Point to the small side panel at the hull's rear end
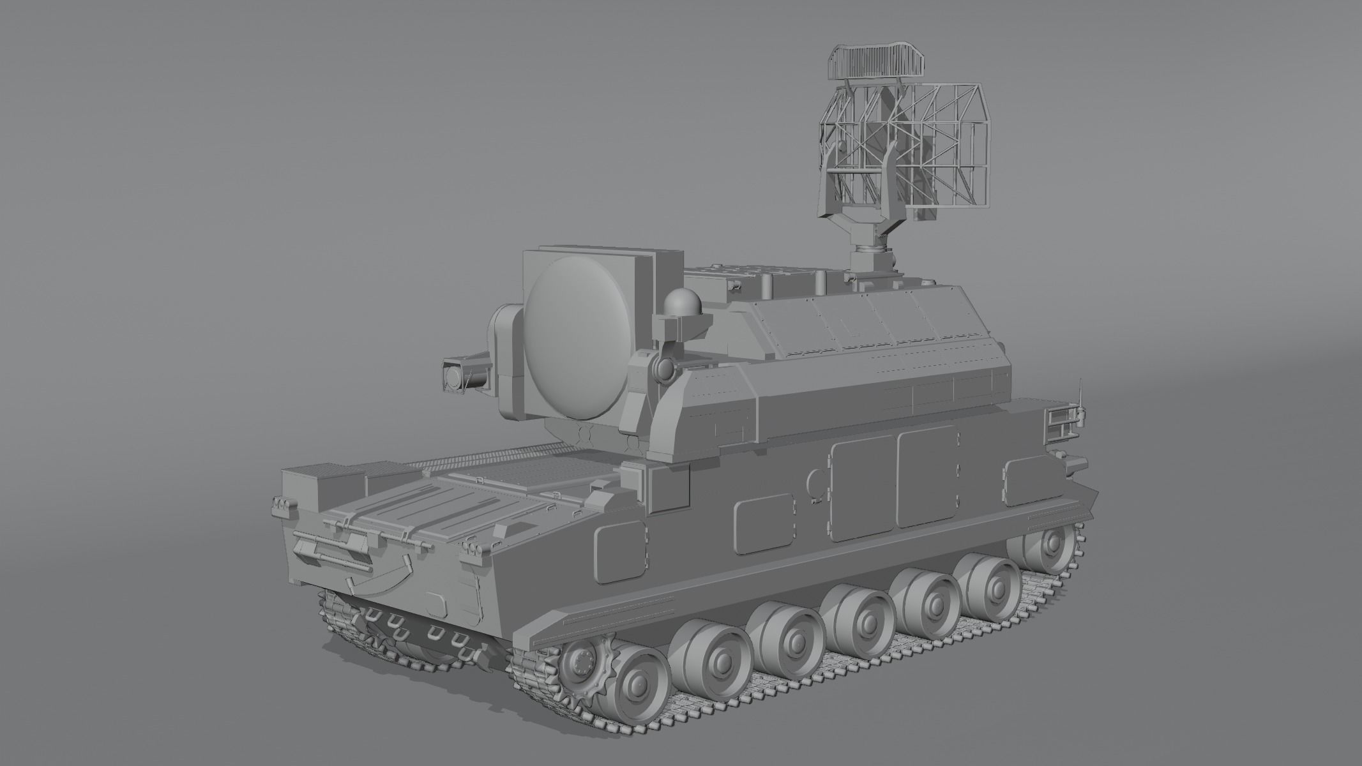point(1025,473)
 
